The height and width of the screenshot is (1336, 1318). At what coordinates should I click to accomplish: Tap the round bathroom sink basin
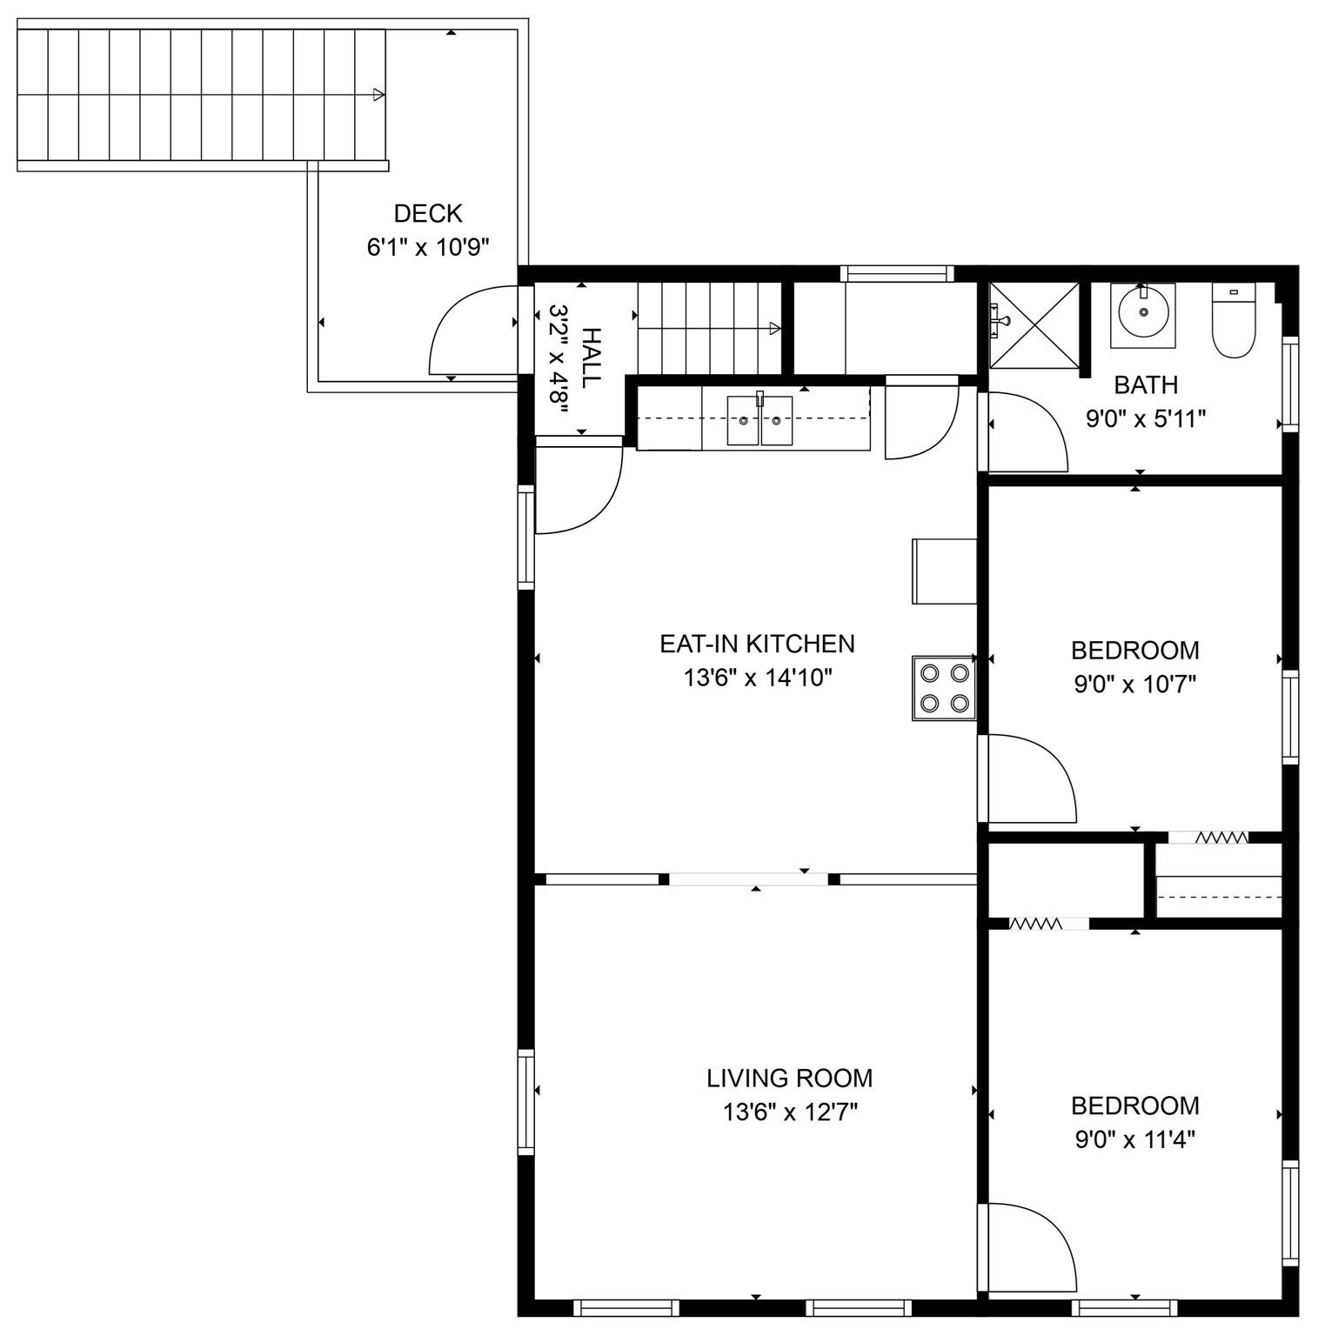click(x=1142, y=311)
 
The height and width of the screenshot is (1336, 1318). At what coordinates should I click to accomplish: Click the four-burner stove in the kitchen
click(x=944, y=688)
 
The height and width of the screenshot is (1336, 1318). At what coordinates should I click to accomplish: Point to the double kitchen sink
click(x=759, y=420)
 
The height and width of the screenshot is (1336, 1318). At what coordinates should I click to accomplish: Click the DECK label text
click(x=428, y=213)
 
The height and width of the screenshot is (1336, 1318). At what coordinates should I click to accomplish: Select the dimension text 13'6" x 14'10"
click(x=759, y=678)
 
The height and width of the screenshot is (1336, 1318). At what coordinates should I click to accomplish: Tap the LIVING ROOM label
click(x=789, y=1079)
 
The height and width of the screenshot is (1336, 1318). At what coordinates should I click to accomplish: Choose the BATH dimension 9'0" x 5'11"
click(x=1145, y=419)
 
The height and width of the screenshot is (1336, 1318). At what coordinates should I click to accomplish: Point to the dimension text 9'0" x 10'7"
click(x=1134, y=685)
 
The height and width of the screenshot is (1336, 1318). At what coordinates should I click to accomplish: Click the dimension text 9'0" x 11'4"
click(x=1134, y=1139)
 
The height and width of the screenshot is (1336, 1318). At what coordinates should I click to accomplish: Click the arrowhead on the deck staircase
click(x=378, y=94)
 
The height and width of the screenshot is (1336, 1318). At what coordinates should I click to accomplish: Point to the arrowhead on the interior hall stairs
click(x=774, y=328)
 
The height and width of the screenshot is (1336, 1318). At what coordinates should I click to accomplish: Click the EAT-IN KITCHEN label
click(x=757, y=644)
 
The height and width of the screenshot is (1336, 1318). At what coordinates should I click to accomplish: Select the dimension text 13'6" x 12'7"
click(x=790, y=1112)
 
